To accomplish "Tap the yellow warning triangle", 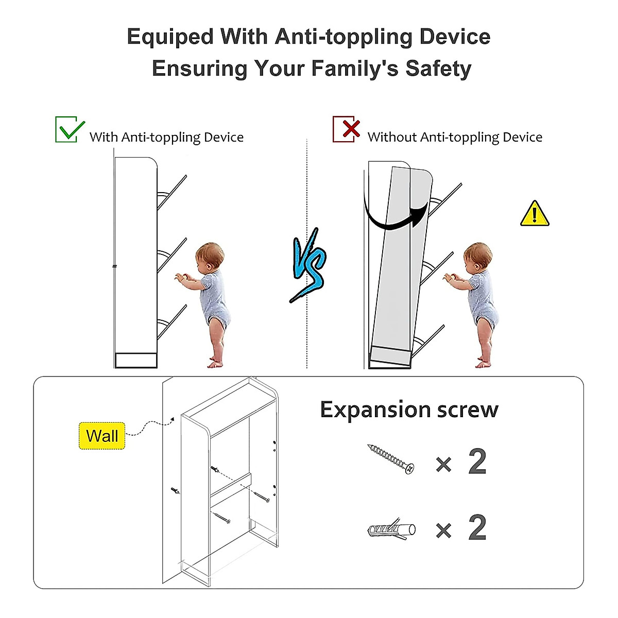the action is (535, 214).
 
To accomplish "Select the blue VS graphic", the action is (309, 265).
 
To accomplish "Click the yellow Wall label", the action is (102, 436).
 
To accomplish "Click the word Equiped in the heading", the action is (170, 37).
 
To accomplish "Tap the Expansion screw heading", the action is (409, 410).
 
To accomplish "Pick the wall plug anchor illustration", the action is (392, 529).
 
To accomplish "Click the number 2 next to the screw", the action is (477, 461).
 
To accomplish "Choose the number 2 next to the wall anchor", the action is (477, 528).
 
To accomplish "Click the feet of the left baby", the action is (216, 363).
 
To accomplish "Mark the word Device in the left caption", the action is (224, 137).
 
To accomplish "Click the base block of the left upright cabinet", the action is (136, 360).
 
